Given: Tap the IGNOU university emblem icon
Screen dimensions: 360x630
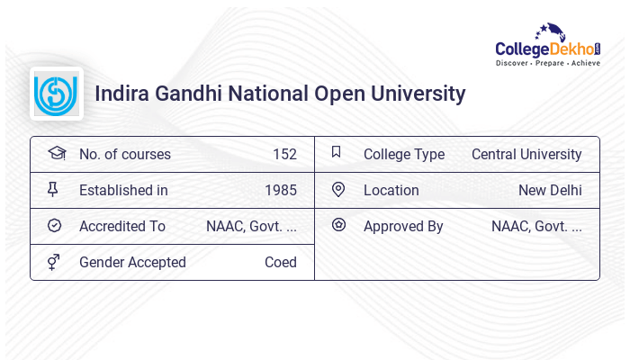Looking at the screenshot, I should pos(56,94).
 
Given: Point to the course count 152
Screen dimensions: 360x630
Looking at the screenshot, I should pos(284,154).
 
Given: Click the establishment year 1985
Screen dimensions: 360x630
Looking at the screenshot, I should pos(281,190).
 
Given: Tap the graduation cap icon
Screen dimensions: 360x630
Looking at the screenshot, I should pos(57,153).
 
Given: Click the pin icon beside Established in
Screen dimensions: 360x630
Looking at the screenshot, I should pos(53,189).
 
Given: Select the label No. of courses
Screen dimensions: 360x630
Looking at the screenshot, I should pos(124,154).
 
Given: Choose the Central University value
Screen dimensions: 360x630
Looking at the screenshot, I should pos(526,154).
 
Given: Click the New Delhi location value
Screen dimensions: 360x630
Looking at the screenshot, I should pos(550,190).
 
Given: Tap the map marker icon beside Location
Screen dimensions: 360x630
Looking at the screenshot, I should pos(338,189).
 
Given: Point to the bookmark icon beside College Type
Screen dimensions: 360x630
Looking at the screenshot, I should pos(337,152).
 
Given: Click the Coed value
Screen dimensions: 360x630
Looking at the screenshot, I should pos(280,262).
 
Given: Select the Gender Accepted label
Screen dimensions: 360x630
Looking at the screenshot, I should pos(132,262).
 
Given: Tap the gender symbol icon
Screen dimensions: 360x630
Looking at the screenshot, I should pos(54,261).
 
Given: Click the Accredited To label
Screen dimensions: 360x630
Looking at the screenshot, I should pos(122,226).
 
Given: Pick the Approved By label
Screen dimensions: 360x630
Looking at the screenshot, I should pos(403,226).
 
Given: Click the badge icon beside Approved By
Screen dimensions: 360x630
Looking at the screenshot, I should pos(338,225).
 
